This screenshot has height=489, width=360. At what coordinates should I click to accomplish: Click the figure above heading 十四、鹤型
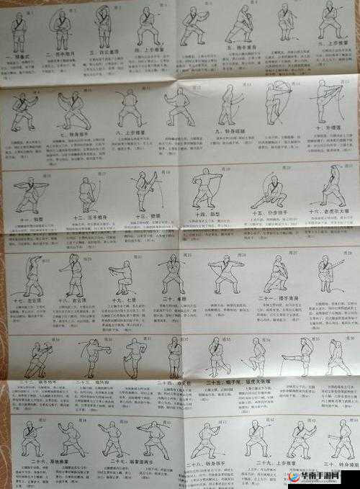[207, 189]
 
